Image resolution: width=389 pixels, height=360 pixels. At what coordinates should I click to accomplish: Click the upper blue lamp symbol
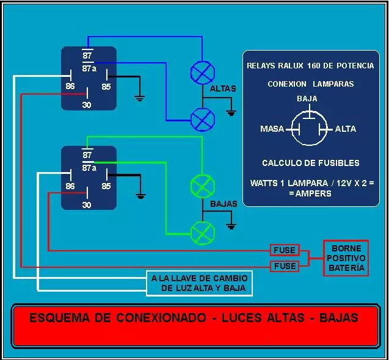202,73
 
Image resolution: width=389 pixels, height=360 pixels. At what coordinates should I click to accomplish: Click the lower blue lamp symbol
202,118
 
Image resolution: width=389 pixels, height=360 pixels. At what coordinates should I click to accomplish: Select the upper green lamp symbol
202,185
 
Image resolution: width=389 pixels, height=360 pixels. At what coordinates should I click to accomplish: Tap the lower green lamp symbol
202,232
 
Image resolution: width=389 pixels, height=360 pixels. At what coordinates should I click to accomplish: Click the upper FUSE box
285,250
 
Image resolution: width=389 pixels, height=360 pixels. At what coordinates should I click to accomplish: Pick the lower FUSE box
285,266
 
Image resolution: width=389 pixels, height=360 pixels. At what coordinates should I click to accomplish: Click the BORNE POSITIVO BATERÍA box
346,258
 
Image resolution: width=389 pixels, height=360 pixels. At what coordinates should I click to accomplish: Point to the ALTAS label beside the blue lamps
222,89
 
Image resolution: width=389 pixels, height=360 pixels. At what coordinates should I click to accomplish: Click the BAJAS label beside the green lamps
223,204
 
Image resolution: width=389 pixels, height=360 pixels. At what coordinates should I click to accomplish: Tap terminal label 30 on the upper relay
87,105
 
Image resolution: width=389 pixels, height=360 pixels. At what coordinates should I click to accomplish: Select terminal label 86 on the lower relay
70,186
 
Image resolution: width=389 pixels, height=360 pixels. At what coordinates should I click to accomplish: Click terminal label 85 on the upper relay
106,86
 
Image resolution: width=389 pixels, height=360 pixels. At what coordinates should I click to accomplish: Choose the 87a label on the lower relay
89,168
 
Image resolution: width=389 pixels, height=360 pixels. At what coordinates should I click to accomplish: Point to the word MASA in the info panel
272,129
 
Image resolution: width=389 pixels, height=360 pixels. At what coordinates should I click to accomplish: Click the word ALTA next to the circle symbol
346,129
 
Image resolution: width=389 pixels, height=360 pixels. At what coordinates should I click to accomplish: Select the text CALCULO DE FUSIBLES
310,163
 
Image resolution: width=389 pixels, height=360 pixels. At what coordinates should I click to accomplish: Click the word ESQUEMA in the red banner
57,318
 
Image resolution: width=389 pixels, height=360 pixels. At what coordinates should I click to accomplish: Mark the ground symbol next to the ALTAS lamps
231,112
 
